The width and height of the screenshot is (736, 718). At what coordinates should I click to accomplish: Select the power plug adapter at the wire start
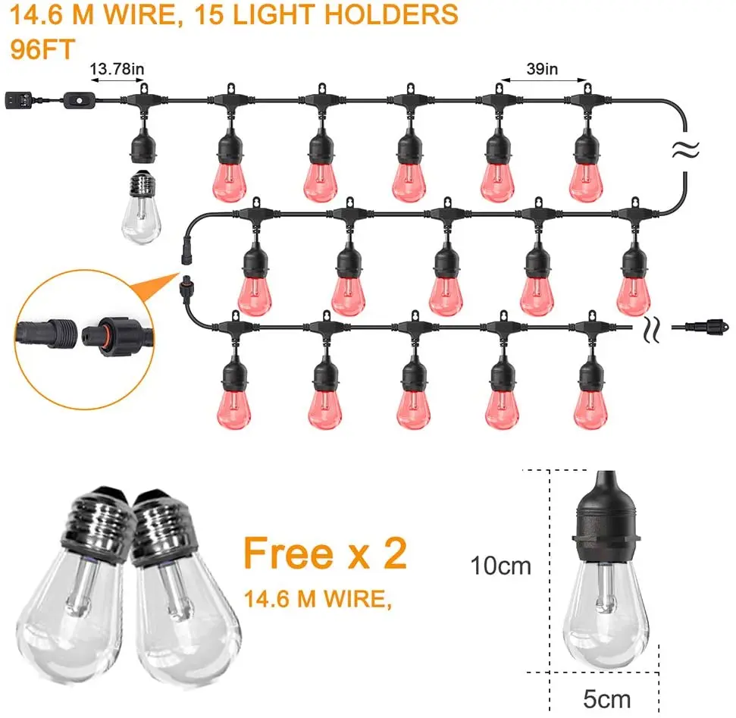(17, 99)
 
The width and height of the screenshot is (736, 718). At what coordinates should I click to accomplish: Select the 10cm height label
(501, 566)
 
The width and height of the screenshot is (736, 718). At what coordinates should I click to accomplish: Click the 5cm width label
(607, 698)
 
